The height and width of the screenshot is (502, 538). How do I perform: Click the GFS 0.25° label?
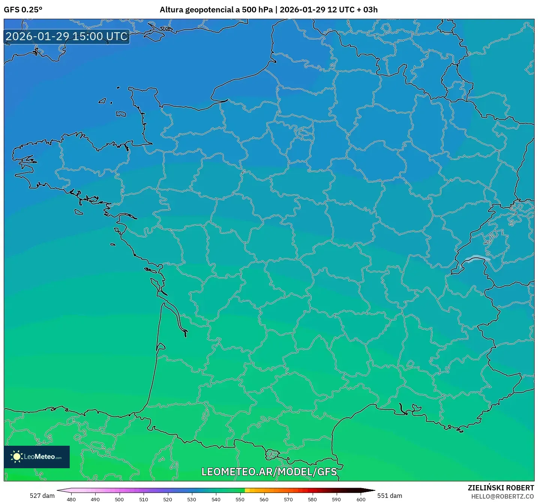(x=23, y=10)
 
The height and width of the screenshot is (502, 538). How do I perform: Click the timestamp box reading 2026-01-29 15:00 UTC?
(x=67, y=37)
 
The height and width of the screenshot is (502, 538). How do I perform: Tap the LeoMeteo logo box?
(x=37, y=457)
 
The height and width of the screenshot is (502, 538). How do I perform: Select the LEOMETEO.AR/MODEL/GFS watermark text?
(x=269, y=472)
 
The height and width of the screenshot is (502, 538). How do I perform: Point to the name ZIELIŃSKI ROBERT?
(x=501, y=488)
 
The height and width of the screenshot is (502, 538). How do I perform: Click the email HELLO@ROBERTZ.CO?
(x=502, y=496)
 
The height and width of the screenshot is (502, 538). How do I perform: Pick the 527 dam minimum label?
(x=42, y=496)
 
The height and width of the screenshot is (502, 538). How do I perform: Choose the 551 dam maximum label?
(x=390, y=496)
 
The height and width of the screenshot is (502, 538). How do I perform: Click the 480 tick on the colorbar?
(x=71, y=499)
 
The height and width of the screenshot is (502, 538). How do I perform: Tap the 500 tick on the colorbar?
(x=119, y=499)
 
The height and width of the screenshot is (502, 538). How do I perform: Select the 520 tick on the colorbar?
(x=168, y=499)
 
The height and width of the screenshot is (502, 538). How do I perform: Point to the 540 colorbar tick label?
(x=216, y=499)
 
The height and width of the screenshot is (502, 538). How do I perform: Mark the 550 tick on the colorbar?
(x=240, y=499)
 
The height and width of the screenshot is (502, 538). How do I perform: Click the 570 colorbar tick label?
(x=288, y=499)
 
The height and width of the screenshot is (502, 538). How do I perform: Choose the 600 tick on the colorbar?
(x=361, y=499)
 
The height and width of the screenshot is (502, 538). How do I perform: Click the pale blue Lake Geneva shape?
(x=476, y=258)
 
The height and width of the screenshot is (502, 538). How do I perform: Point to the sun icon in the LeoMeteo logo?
(x=16, y=457)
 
